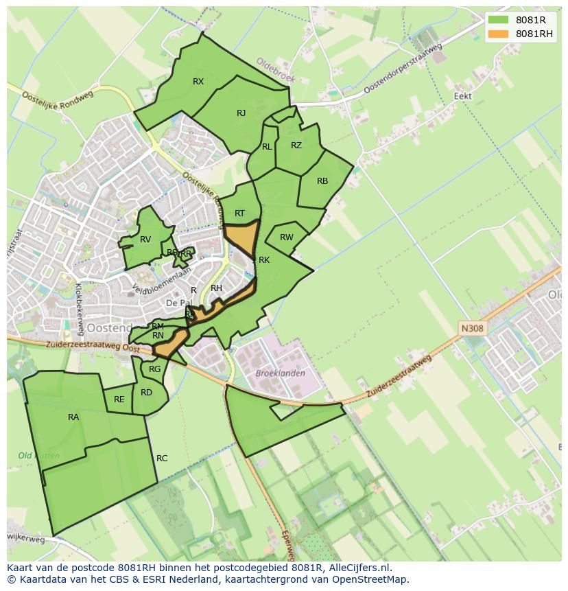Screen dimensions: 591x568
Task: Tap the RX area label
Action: pos(198,82)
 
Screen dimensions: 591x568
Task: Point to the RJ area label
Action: pos(241,113)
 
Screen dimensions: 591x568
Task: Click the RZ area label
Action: pos(296,146)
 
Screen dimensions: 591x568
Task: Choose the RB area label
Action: pos(322,181)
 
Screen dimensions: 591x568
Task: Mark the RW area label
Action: pos(286,237)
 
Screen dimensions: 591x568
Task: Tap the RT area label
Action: pos(239,213)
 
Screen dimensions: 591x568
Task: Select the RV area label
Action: pos(145,240)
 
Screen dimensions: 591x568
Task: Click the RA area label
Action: pos(73,417)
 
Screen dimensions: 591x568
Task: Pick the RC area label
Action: pos(162,459)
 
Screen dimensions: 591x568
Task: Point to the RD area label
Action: pos(146,393)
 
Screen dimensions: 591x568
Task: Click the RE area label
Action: pos(119,399)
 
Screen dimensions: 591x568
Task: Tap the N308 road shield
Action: pos(472,329)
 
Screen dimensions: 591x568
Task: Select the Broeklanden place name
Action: pos(280,373)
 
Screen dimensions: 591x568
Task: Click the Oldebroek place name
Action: pos(275,70)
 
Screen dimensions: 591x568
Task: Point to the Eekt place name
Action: pos(463,96)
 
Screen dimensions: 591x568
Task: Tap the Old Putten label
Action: pos(38,456)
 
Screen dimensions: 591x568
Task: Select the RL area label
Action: pos(267,147)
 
